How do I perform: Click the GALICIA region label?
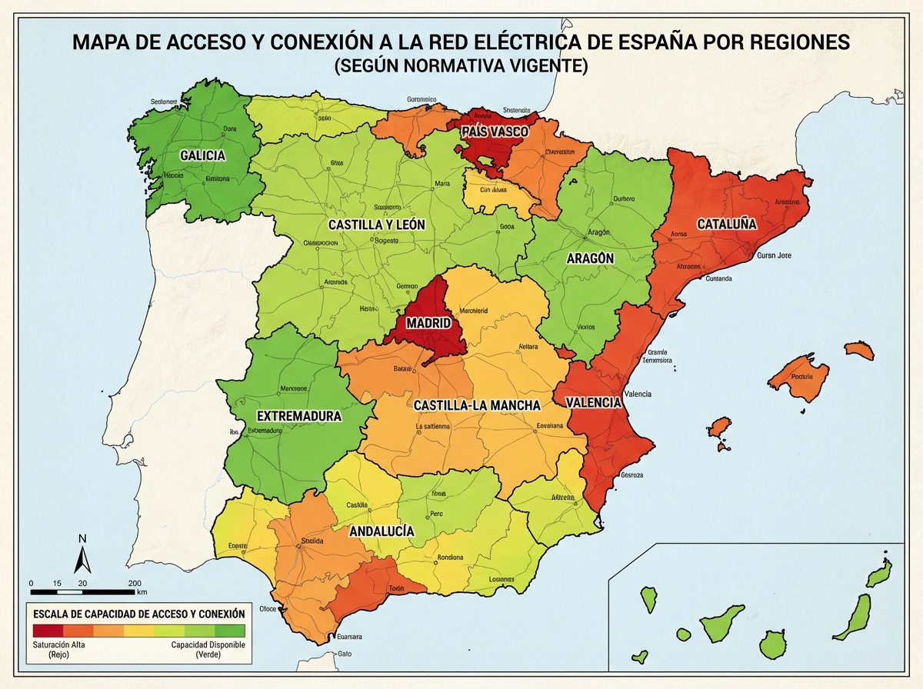202,156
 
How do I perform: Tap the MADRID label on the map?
428,324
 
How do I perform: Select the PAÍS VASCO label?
495,132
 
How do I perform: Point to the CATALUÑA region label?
727,225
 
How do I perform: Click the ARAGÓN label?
590,258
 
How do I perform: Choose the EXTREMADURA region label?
298,416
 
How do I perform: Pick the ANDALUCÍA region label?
382,531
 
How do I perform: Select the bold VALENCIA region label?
593,402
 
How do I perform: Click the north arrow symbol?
82,554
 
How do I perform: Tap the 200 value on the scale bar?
134,582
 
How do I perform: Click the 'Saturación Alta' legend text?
58,644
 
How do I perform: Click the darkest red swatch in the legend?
45,631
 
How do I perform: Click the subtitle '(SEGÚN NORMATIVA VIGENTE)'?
461,67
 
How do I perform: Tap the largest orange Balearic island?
799,376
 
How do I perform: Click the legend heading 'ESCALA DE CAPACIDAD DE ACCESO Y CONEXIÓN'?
138,614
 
